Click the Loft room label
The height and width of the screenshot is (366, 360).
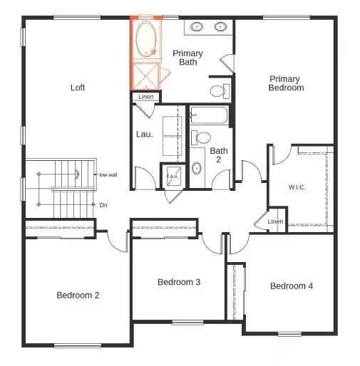(x=78, y=88)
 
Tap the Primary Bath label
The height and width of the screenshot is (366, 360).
(x=187, y=58)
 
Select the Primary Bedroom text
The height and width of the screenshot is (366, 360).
(x=285, y=83)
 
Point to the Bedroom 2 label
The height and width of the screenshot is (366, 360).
(x=77, y=294)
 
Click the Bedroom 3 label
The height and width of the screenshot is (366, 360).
(x=178, y=282)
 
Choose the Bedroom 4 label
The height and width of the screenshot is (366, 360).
(x=291, y=286)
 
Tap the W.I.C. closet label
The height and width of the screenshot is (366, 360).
(x=297, y=187)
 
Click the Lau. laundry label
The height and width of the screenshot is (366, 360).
(x=144, y=133)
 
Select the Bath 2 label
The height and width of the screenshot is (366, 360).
(x=218, y=155)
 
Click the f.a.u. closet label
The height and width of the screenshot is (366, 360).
(x=173, y=176)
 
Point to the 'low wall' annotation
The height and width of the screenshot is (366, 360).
(x=108, y=174)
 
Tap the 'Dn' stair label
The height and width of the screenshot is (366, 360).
(x=103, y=205)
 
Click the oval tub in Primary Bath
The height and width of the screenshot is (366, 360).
(x=147, y=38)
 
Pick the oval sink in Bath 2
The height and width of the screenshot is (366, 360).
(x=197, y=168)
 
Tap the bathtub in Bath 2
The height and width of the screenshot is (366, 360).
(x=208, y=116)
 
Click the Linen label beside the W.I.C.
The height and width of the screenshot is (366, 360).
(x=275, y=221)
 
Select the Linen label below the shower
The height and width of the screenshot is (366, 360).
(x=146, y=97)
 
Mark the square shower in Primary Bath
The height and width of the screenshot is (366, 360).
(x=146, y=75)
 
